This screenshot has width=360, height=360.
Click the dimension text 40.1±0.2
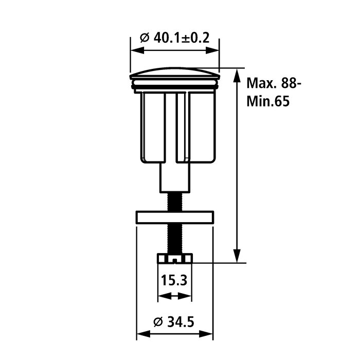(182, 38)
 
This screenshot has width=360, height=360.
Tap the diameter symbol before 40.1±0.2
(145, 38)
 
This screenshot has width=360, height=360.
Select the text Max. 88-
(274, 83)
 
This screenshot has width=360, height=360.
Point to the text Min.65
(268, 101)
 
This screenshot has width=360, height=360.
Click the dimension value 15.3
(174, 280)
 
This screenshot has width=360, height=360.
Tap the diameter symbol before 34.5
(158, 322)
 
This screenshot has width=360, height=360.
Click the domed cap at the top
(175, 73)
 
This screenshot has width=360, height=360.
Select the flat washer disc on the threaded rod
(175, 217)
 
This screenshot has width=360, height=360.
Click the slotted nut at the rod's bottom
(175, 258)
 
